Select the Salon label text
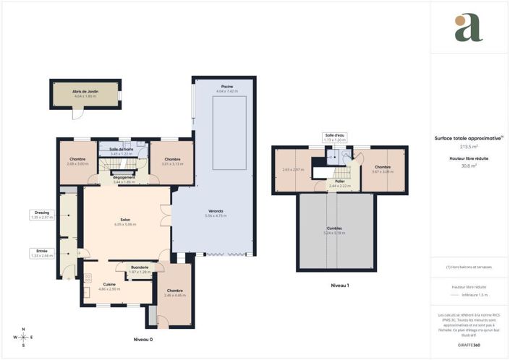click(124, 220)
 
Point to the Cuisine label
click(109, 284)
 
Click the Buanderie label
click(140, 267)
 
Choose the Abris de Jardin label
click(85, 92)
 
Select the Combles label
click(333, 228)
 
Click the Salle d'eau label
click(334, 134)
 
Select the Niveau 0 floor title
click(143, 339)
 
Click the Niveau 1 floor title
click(339, 286)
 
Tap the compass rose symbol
click(23, 338)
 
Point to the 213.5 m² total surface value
click(469, 147)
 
